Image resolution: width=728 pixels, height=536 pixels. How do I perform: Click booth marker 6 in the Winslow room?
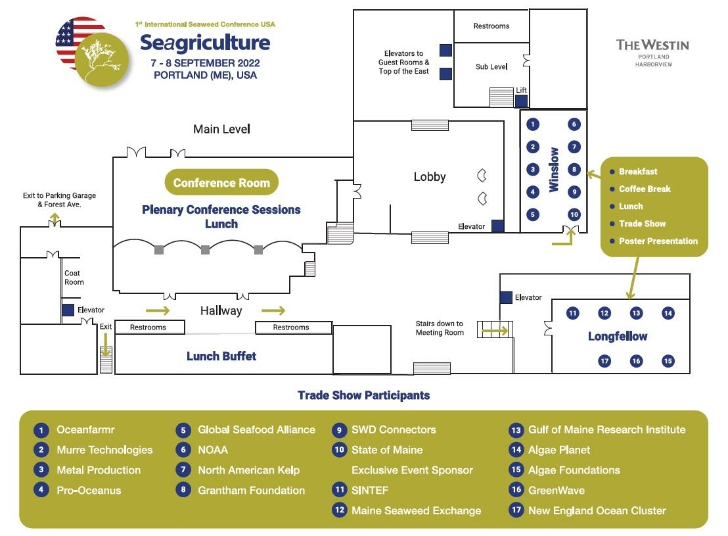pos(574,124)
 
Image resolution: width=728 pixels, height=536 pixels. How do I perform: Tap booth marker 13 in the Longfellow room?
pos(636,313)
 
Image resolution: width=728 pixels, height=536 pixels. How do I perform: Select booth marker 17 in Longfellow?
pos(604,361)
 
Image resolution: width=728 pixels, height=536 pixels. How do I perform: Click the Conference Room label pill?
pos(221,182)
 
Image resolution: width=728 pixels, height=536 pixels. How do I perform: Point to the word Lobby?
pos(430,177)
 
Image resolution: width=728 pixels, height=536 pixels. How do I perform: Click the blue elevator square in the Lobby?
pos(498,226)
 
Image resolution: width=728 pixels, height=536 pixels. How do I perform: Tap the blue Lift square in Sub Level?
pos(522,101)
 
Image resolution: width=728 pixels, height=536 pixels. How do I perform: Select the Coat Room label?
pos(74,278)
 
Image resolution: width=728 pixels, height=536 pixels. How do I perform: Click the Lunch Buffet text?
pos(221,356)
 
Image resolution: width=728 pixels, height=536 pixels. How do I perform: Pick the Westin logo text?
pos(653,53)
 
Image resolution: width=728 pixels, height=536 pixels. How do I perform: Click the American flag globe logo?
pos(92,51)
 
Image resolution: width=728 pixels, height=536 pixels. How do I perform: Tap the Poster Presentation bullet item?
pos(654,241)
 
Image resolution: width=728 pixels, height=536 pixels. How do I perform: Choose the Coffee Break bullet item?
pos(640,189)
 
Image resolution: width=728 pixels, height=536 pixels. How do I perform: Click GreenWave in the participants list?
pos(557,490)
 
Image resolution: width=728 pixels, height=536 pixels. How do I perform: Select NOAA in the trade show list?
pos(213,450)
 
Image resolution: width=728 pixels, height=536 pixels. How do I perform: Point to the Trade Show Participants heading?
pos(363,395)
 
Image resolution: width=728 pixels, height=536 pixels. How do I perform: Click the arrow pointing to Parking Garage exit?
pos(55,218)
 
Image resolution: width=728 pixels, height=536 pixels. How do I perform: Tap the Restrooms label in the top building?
pos(491,26)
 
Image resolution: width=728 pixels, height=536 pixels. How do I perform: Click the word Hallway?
pos(221,310)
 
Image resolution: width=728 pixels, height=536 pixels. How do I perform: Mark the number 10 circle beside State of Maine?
pos(340,450)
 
